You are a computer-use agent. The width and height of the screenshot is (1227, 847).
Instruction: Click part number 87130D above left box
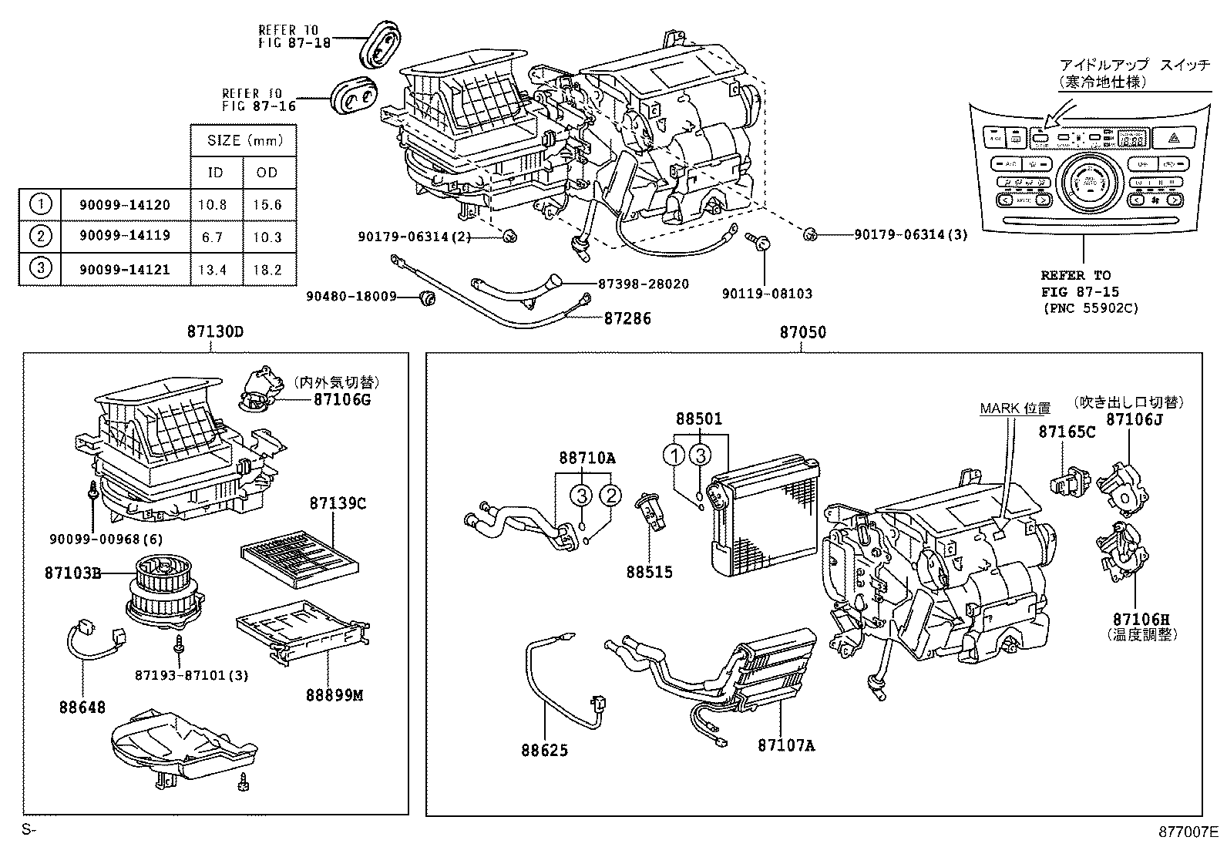click(214, 332)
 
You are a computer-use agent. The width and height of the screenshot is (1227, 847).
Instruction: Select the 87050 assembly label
click(802, 332)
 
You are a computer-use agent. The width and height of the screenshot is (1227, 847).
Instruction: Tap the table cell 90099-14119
click(124, 236)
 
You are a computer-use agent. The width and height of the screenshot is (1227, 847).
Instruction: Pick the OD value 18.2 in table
click(267, 270)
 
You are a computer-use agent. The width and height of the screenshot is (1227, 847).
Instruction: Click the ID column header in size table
click(216, 172)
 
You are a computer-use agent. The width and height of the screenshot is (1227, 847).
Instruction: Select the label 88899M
click(336, 695)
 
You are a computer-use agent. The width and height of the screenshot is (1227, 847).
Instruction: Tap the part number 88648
click(82, 707)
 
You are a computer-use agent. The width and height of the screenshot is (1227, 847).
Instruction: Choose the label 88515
click(649, 572)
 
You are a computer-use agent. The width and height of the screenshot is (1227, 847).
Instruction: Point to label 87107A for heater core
click(786, 745)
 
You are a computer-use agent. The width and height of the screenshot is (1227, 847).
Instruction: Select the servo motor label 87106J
click(1134, 419)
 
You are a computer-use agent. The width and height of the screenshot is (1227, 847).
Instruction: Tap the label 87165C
click(1067, 432)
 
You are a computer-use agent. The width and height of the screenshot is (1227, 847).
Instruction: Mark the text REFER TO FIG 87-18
click(294, 36)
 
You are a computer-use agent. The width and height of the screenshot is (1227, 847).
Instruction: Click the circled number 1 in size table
click(40, 204)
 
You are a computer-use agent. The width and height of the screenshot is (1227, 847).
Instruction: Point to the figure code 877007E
click(1188, 832)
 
